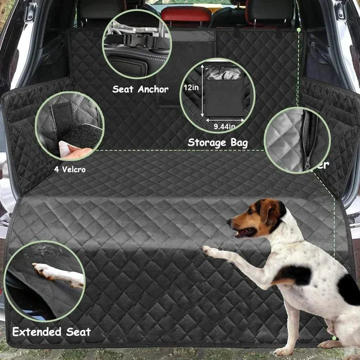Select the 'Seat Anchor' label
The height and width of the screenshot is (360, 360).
click(140, 89)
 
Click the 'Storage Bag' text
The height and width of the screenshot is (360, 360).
click(218, 143)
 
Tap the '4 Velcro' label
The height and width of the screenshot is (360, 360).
click(70, 169)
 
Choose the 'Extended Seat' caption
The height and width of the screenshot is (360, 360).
click(51, 332)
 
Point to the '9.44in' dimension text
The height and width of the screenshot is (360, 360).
click(224, 126)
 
